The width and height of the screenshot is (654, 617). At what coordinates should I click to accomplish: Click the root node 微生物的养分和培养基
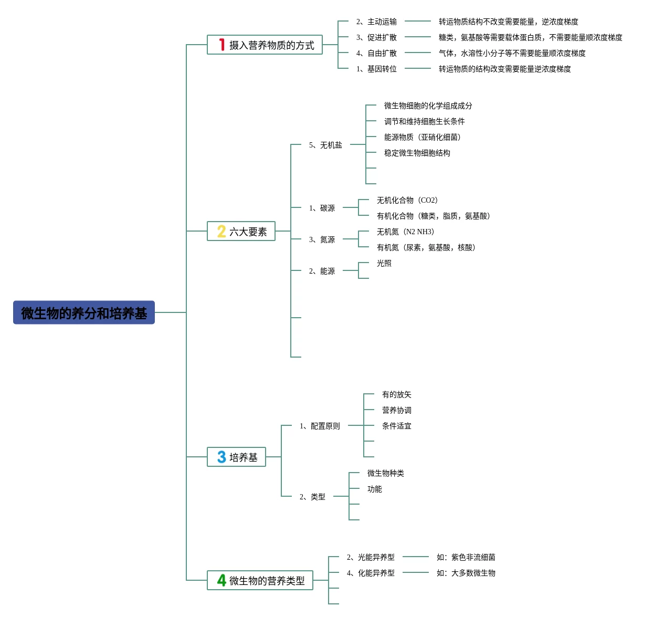tap(84, 313)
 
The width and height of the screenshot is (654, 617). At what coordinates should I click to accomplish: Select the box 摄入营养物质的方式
tap(265, 45)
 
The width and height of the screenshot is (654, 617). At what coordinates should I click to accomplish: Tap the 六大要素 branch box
tap(241, 232)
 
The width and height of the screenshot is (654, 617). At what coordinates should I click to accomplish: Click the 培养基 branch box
tap(236, 457)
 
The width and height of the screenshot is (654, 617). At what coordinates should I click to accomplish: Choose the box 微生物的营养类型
tap(260, 581)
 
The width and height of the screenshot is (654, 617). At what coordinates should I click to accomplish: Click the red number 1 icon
tap(222, 45)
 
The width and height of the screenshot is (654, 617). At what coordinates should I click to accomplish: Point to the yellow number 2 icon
tap(221, 232)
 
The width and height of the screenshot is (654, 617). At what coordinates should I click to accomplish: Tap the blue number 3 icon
tap(221, 457)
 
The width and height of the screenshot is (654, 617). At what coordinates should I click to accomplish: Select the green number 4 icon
tap(221, 581)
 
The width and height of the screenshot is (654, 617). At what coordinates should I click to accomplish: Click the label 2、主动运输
tap(376, 22)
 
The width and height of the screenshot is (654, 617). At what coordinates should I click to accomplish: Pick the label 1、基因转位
tap(376, 69)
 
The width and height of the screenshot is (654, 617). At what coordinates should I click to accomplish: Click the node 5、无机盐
tap(325, 145)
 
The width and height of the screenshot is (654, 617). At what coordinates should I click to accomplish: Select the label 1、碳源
tap(322, 208)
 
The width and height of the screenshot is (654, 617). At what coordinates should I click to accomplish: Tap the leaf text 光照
tap(384, 263)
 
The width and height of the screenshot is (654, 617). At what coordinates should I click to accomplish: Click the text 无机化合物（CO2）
tap(407, 200)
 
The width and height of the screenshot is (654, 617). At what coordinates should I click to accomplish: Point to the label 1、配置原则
tap(320, 426)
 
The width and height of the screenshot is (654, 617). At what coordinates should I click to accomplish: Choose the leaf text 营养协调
tap(396, 410)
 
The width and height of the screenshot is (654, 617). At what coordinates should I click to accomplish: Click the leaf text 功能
tap(374, 489)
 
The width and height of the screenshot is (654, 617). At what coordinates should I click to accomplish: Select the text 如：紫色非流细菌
tap(466, 557)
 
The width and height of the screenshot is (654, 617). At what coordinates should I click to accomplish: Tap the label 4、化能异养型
tap(371, 573)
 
